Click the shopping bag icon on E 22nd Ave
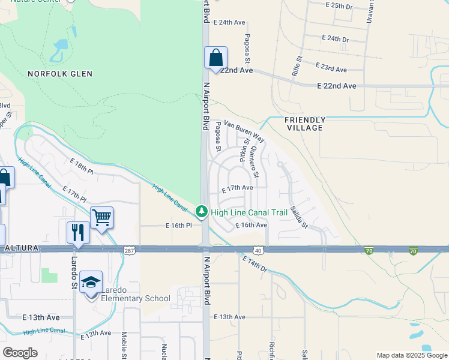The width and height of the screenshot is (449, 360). [x=216, y=59]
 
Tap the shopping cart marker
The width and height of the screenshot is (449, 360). [x=102, y=218]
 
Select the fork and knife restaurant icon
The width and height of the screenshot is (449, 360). [x=78, y=233]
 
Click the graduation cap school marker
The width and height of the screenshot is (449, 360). [x=91, y=283]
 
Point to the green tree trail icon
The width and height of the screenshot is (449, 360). [x=202, y=212]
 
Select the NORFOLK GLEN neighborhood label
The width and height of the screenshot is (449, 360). [x=60, y=74]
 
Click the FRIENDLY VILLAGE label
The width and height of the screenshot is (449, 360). [x=304, y=124]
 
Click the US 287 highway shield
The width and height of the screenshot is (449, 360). [x=129, y=249]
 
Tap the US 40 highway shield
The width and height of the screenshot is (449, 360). [x=258, y=249]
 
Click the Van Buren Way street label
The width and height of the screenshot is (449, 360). [x=244, y=130]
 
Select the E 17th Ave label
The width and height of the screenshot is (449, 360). [x=237, y=188]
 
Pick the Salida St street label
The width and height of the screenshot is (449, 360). [x=298, y=217]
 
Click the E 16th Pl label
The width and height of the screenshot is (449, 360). [x=178, y=226]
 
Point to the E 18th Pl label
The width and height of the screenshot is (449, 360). [x=82, y=167]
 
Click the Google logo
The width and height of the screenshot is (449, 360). [x=20, y=352]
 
